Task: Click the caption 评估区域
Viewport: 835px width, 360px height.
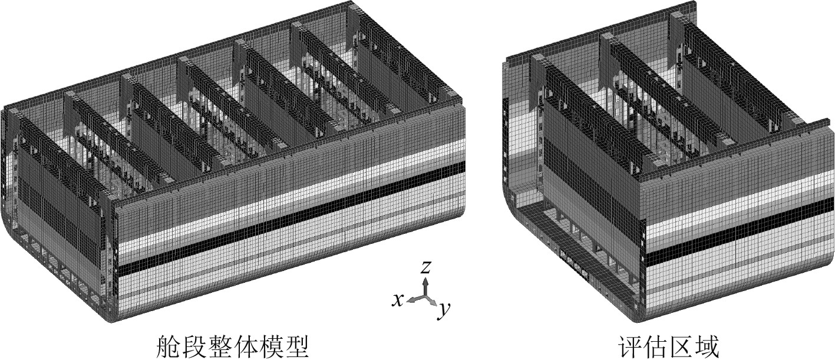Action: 669,346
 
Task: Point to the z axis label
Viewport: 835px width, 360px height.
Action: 426,267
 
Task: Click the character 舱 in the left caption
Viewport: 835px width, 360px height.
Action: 166,346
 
